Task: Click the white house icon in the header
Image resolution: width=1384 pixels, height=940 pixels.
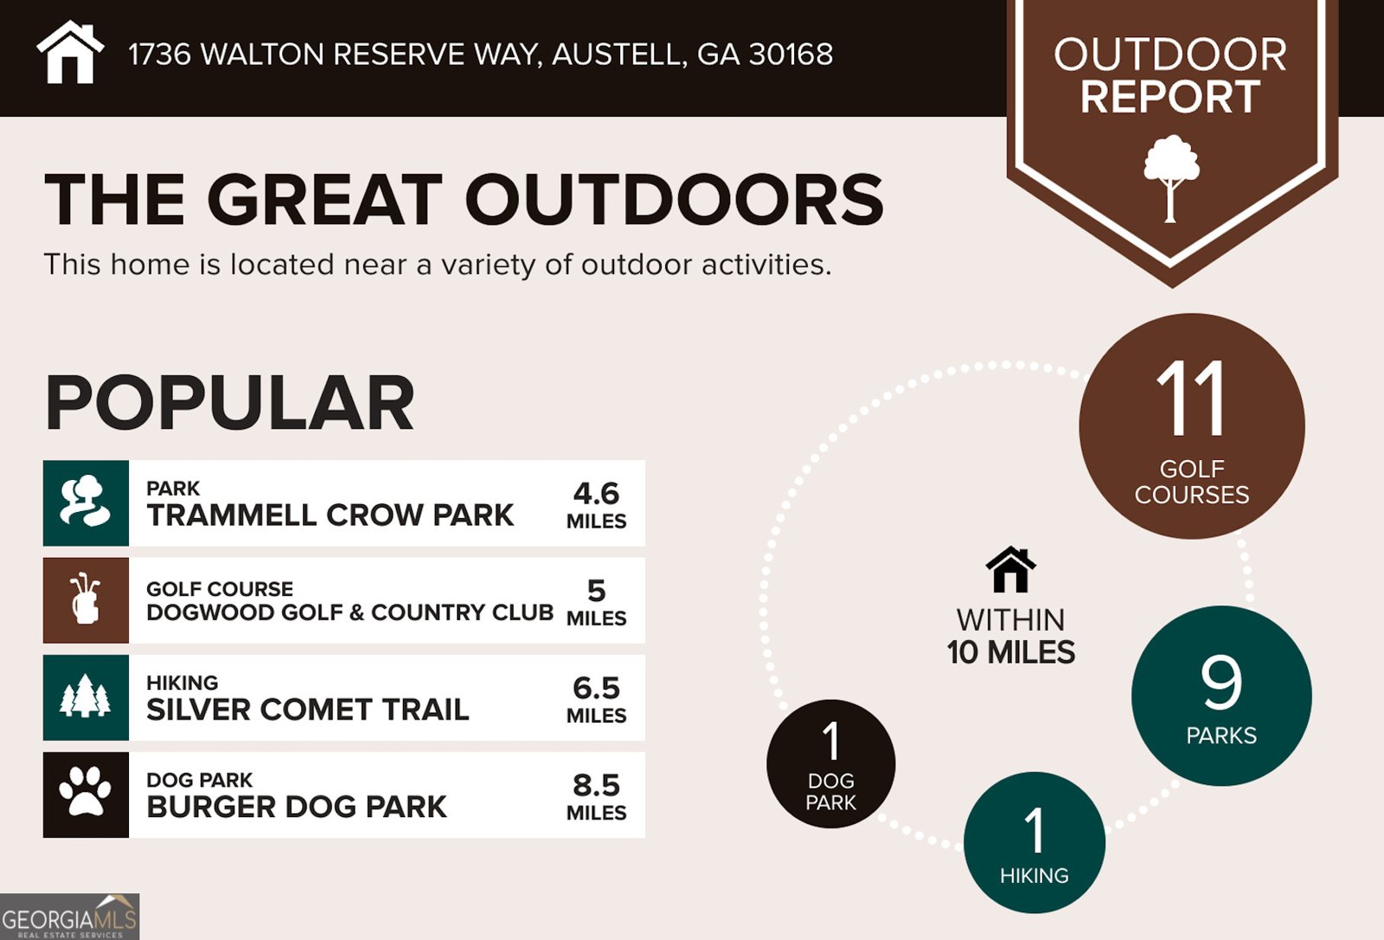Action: tap(70, 53)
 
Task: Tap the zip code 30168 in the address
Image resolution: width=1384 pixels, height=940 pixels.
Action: tap(791, 54)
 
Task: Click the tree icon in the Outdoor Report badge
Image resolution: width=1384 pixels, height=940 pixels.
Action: tap(1171, 177)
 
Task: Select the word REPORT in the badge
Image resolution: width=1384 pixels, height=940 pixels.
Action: tap(1170, 97)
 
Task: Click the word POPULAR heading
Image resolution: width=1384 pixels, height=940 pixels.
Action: tap(229, 403)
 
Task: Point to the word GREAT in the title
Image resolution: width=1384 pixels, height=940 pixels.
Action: tap(324, 200)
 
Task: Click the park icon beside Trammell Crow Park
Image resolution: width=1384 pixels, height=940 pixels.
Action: tap(86, 502)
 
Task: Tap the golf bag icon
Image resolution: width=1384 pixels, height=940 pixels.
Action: tap(86, 600)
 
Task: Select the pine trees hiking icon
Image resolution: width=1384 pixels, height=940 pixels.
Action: tap(86, 697)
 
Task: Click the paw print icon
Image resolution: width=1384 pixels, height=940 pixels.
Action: tap(86, 794)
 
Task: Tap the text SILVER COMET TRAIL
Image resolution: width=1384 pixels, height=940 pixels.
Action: tap(307, 710)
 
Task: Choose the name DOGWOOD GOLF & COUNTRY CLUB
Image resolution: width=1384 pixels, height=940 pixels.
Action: tap(349, 612)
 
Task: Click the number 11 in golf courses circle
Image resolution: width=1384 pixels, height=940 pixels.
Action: tap(1191, 400)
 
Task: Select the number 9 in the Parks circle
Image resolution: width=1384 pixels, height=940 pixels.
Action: tap(1221, 683)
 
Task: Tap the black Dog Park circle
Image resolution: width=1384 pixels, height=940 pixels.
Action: tap(830, 764)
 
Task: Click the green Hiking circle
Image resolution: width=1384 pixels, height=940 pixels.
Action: tap(1034, 843)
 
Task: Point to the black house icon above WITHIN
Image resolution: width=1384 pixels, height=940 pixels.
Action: tap(1010, 570)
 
